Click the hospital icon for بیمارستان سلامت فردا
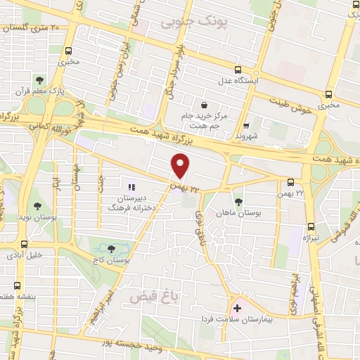click(237, 308)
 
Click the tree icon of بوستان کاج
click(112, 248)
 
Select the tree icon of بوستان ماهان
click(238, 200)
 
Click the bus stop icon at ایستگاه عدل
click(238, 70)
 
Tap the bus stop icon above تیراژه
click(311, 226)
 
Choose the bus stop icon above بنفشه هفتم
click(18, 286)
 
